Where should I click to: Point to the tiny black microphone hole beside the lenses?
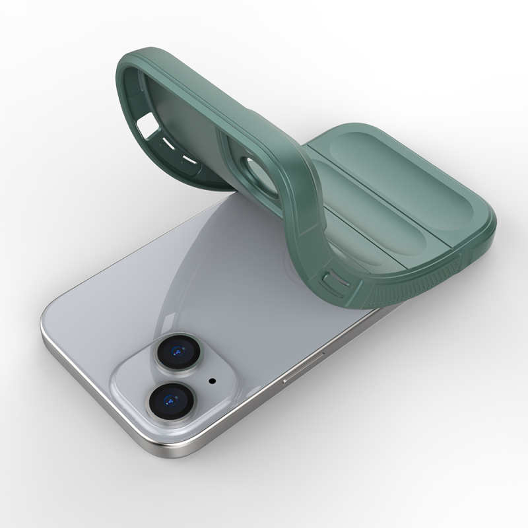point(211,380)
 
